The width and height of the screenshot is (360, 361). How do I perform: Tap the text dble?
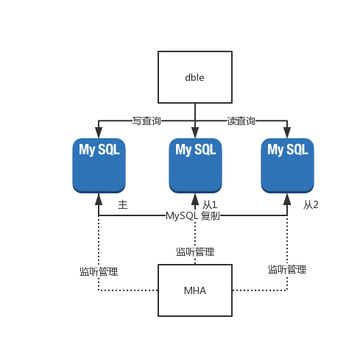tap(194, 77)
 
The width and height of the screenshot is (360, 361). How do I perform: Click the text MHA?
tap(195, 290)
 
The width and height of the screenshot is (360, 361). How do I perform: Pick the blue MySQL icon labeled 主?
tap(99, 165)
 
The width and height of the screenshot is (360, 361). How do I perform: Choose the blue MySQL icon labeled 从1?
tap(195, 165)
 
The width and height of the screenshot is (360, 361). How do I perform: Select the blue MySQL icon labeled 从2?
tap(287, 165)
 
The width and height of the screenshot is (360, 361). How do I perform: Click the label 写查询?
tap(147, 121)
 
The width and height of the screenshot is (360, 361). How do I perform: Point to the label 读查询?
tap(241, 121)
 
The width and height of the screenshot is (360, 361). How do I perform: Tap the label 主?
tap(123, 204)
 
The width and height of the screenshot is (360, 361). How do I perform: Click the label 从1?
tap(210, 204)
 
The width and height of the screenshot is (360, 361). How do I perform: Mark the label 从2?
tap(311, 204)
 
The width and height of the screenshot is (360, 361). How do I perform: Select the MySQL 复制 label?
tap(193, 216)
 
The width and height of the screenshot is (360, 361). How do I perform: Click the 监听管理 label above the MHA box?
tap(195, 252)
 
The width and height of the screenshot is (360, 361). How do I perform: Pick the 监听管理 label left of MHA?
tap(99, 272)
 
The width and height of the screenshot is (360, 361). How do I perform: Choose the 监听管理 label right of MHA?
tap(287, 270)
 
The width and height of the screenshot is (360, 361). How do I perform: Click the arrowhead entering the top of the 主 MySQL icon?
tap(99, 132)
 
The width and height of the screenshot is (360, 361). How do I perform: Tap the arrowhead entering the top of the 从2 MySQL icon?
tap(287, 132)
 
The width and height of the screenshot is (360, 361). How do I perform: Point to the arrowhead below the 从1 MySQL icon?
tap(195, 199)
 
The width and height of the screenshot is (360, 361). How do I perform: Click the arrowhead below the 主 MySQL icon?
tap(99, 199)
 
